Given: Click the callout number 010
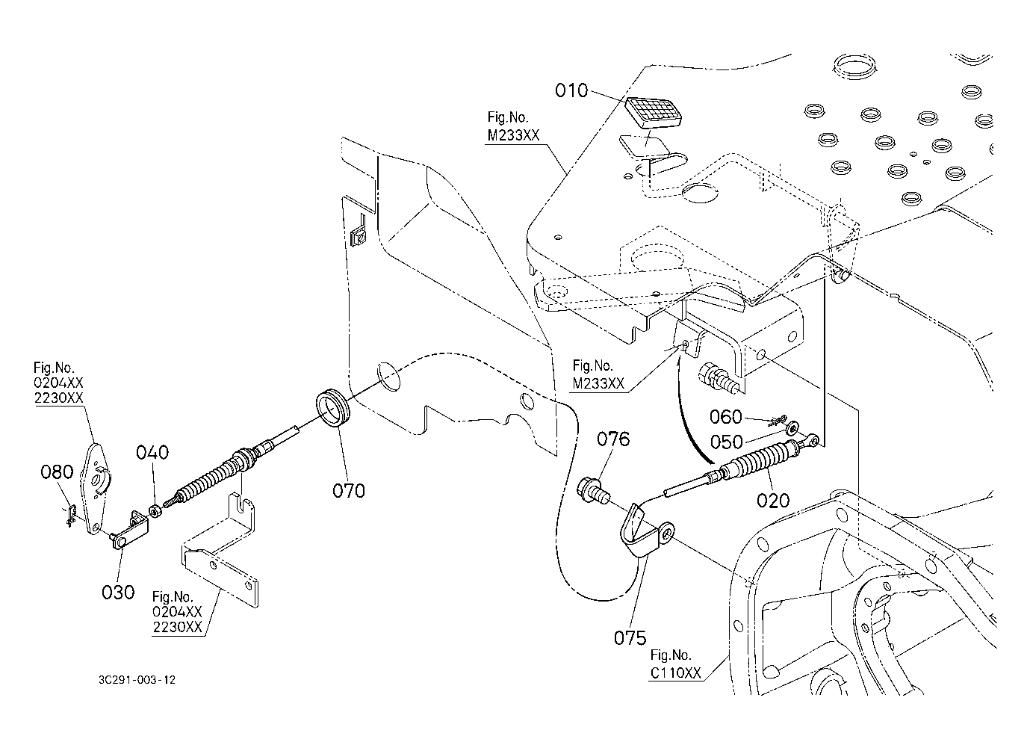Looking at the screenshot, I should pos(571,91).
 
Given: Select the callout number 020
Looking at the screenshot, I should pos(773,500).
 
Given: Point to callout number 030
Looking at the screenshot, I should pos(118,591).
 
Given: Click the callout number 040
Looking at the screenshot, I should pos(152,452).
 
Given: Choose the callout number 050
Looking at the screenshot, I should pos(725,441).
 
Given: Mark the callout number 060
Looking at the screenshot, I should pos(725,416).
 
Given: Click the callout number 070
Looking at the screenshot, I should pos(349,490).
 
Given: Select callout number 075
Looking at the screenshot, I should pos(630,637).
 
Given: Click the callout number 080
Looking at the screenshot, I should pos(57,472).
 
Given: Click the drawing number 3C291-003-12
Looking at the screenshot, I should pos(137,680).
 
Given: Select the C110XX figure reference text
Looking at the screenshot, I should pos(675,673).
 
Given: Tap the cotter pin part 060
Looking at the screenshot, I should pos(776,421).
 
